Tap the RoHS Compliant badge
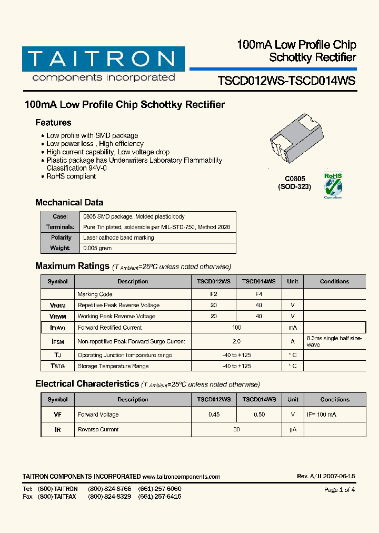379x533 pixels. point(333,185)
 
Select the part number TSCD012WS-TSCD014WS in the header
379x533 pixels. point(287,81)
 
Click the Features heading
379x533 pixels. point(53,123)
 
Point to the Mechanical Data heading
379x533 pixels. point(69,202)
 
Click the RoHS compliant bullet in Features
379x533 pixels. point(71,176)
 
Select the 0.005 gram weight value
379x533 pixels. point(97,248)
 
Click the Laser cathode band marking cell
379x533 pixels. point(118,238)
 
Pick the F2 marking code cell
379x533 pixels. point(214,294)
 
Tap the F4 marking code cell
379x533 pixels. point(258,294)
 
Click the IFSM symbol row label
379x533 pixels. point(57,341)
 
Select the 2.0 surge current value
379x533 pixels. point(236,341)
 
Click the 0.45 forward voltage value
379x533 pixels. point(214,414)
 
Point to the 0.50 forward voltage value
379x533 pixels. point(259,414)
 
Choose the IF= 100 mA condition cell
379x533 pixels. point(321,414)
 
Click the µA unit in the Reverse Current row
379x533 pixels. point(293,429)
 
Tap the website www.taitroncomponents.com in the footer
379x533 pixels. point(181,477)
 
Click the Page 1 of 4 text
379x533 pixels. point(340,490)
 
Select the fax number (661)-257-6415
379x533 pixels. point(159,497)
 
